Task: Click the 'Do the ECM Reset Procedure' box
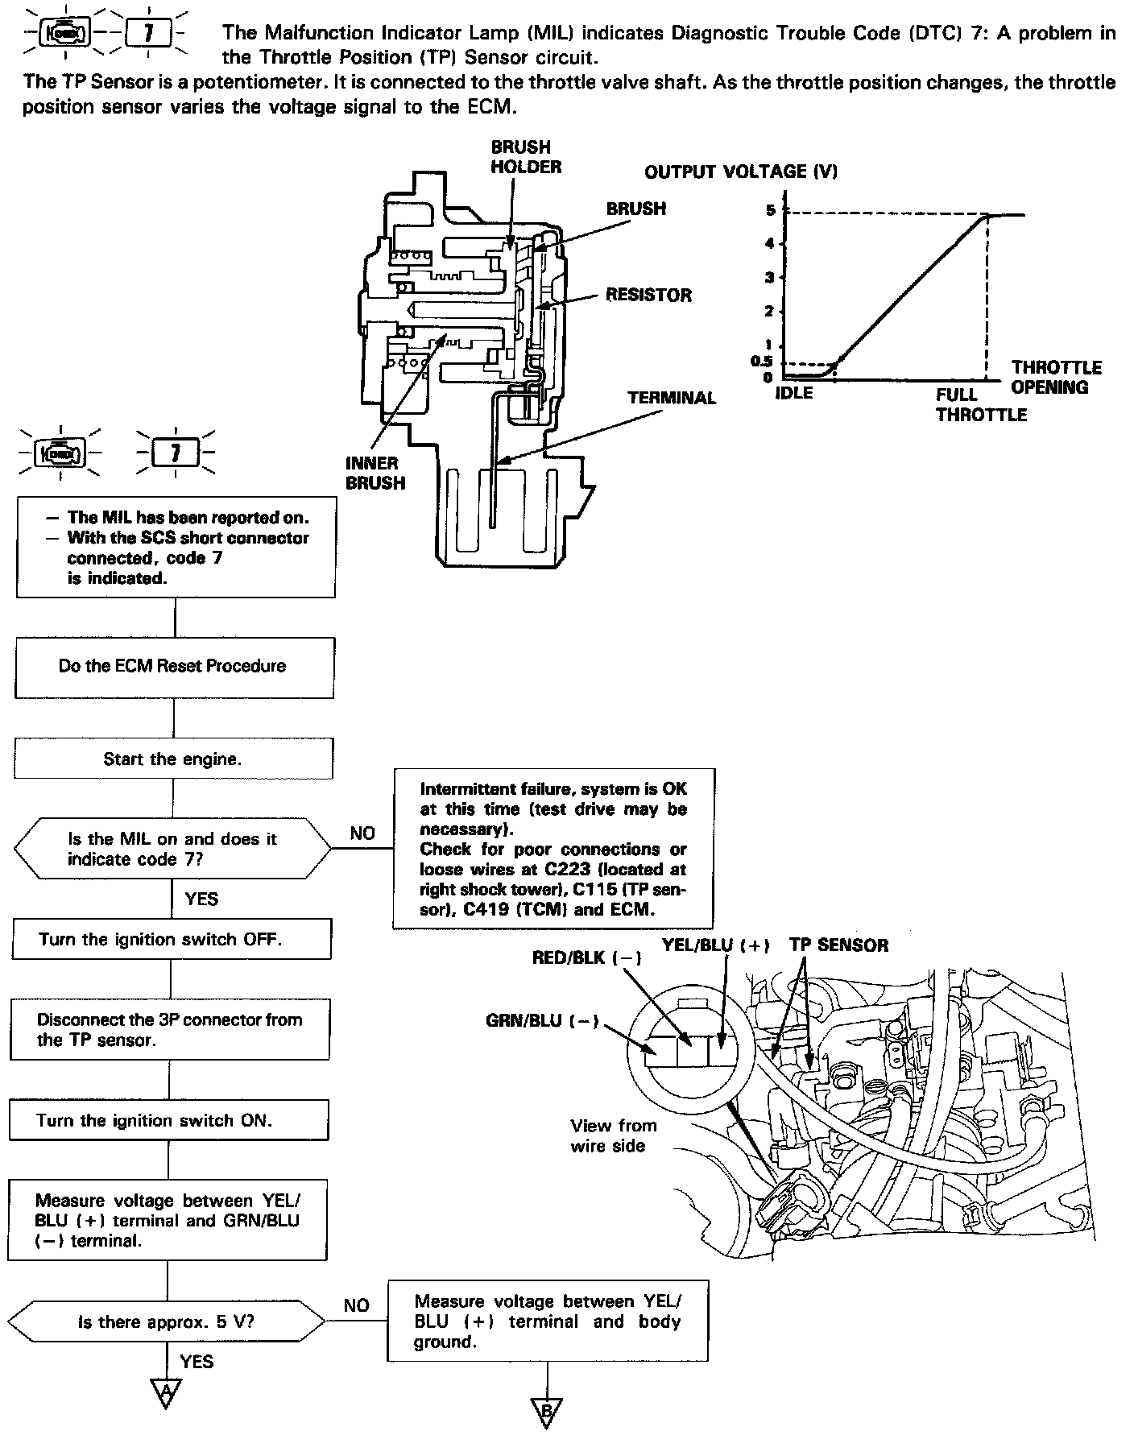pos(174,667)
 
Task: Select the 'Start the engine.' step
pos(172,759)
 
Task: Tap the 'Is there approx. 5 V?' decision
pos(167,1321)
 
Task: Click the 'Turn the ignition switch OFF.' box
pos(171,939)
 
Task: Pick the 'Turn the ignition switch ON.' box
pos(169,1120)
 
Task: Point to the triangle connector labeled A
pos(166,1392)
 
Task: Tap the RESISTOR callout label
pos(648,295)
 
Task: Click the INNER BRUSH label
pos(375,473)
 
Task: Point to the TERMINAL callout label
pos(672,398)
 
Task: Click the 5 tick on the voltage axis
pos(770,210)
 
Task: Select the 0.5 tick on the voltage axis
pos(762,362)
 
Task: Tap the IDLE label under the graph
pos(793,394)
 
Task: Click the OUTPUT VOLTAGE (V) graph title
pos(740,171)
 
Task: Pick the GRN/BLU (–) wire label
pos(542,1020)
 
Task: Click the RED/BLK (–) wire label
pos(587,958)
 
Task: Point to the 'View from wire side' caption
pos(613,1135)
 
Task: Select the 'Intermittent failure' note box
pos(553,849)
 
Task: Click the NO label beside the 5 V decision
pos(356,1305)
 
